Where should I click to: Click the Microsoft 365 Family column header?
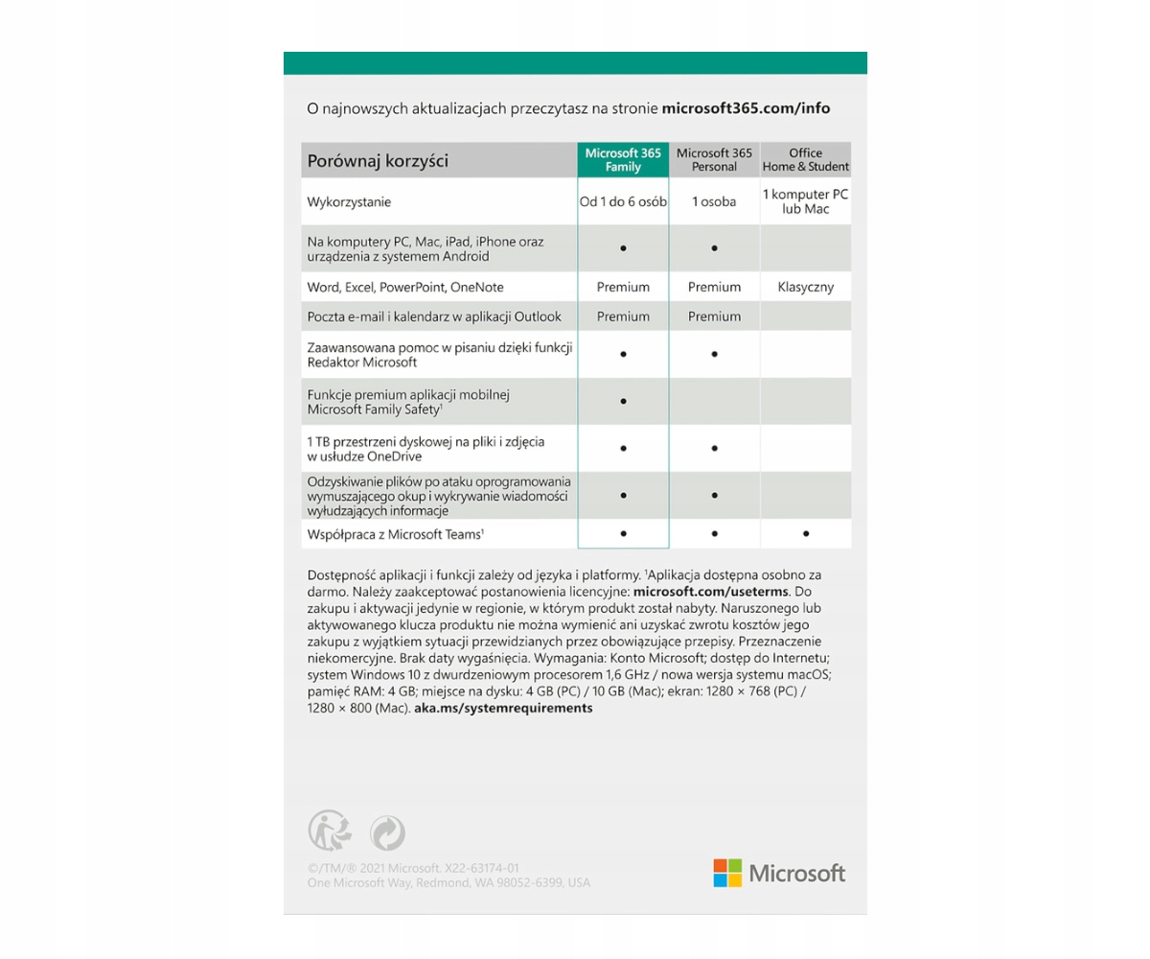coord(623,159)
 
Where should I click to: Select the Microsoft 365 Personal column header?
coord(714,159)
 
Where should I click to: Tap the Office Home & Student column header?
coord(805,159)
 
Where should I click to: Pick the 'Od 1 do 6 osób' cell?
coord(623,202)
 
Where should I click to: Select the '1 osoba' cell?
coord(714,202)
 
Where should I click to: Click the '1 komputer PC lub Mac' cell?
coord(805,201)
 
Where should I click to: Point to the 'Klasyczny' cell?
coord(805,287)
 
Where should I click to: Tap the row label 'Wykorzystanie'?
coord(349,202)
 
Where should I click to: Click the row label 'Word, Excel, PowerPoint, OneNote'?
coord(405,287)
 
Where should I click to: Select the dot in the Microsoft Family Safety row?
coord(623,401)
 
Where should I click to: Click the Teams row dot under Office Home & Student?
coord(805,532)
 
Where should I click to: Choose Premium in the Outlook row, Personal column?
coord(714,316)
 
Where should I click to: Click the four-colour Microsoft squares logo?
coord(727,873)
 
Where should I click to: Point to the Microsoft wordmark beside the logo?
coord(796,873)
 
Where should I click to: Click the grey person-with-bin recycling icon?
coord(329,831)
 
